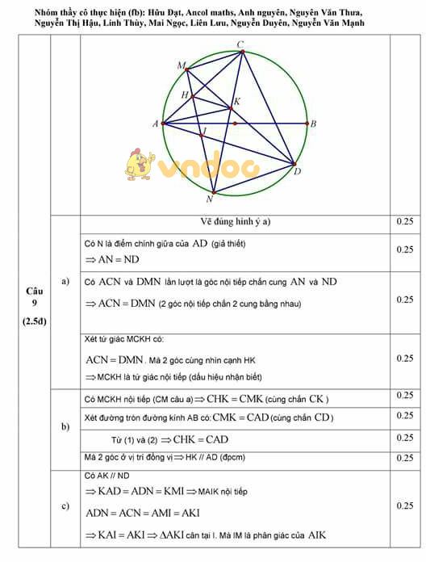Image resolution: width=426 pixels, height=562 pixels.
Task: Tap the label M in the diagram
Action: click(x=180, y=64)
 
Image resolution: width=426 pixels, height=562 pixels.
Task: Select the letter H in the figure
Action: click(x=185, y=95)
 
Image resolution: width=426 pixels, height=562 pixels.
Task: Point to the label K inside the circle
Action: click(x=236, y=102)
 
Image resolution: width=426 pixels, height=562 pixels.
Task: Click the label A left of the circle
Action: click(x=154, y=124)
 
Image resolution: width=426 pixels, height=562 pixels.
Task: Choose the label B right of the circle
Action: click(x=313, y=124)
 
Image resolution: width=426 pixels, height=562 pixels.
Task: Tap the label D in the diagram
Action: click(x=297, y=171)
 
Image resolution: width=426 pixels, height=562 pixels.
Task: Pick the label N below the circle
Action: click(x=210, y=199)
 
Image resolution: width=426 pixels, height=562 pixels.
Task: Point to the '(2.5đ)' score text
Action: click(x=34, y=322)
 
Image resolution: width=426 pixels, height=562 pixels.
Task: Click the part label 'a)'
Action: click(x=65, y=281)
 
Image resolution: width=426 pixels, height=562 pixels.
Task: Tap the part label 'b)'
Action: click(x=65, y=426)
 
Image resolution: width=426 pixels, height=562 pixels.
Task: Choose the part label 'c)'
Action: click(x=65, y=505)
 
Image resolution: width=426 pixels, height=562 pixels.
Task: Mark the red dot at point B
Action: click(x=307, y=124)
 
